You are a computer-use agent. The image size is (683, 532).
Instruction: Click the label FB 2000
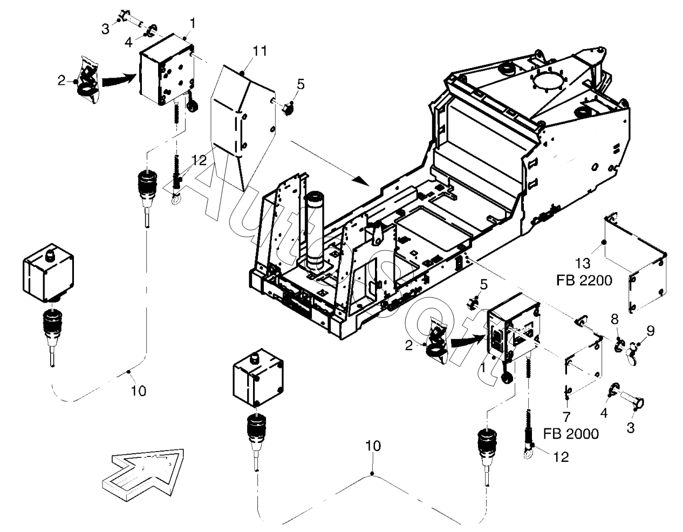(x=571, y=434)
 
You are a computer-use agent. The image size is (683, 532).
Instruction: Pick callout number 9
(x=650, y=331)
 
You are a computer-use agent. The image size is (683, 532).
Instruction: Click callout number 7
(x=566, y=416)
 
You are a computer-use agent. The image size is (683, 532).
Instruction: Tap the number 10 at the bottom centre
(x=373, y=446)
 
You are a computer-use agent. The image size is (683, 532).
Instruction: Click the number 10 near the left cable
(x=139, y=390)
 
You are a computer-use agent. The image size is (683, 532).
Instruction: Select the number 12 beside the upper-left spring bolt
(x=199, y=160)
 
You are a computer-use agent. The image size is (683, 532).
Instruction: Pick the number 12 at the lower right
(x=561, y=457)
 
